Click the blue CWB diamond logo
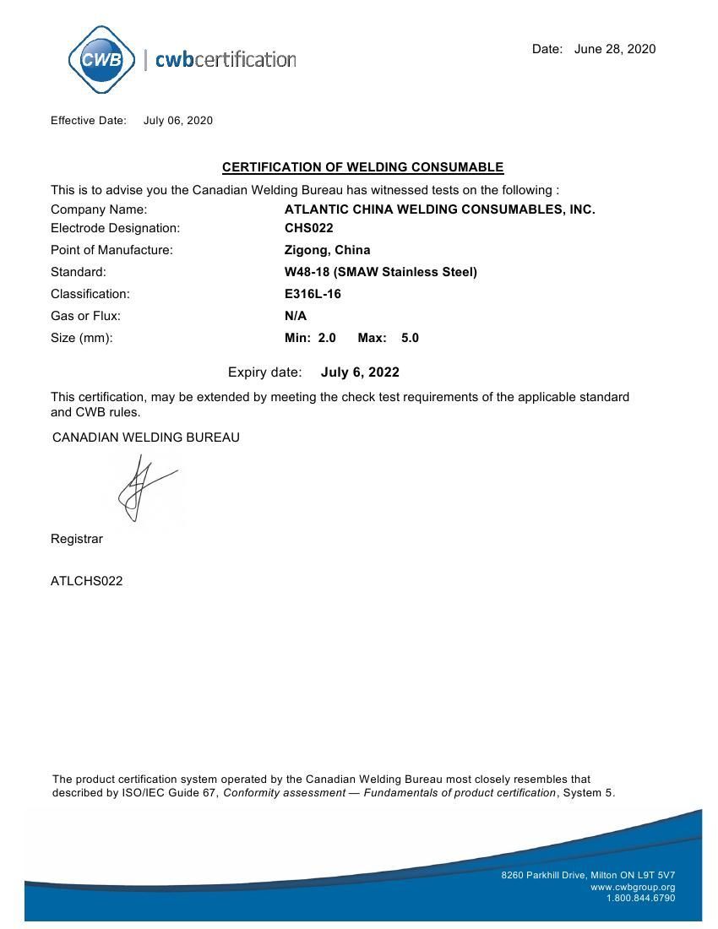click(101, 60)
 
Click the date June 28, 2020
click(614, 49)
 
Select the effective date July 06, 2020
click(178, 121)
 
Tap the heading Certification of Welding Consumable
click(362, 167)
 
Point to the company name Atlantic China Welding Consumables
click(439, 209)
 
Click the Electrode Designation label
click(116, 228)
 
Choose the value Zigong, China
click(327, 250)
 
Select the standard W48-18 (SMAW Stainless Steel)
click(380, 272)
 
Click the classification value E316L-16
click(313, 294)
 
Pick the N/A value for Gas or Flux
click(296, 316)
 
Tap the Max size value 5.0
click(410, 338)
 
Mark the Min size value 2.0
click(327, 338)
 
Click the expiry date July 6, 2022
click(360, 372)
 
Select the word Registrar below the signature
click(77, 539)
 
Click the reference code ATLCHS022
click(86, 581)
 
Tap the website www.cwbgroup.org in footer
click(633, 887)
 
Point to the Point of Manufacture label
click(112, 250)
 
